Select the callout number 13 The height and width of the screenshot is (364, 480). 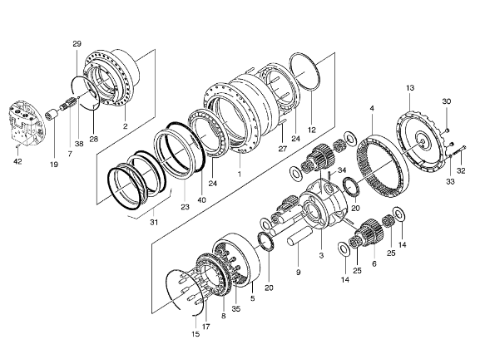pos(409,87)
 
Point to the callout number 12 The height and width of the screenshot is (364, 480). pos(312,130)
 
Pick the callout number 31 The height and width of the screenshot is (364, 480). pos(153,221)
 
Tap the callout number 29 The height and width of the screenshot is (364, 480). pos(77,43)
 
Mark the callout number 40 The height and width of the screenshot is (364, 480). pos(201,200)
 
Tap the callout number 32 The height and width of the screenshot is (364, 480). pos(463,173)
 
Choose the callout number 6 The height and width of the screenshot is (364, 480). pos(374,263)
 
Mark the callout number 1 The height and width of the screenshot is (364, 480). pos(239,175)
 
